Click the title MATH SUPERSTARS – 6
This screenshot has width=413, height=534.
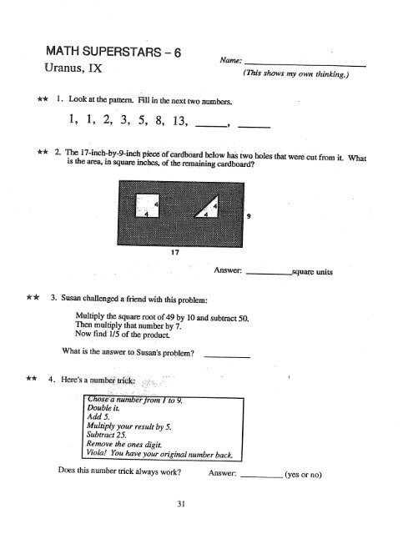[113, 52]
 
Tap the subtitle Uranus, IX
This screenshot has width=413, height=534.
[73, 68]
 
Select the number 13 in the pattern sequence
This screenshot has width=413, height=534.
[180, 120]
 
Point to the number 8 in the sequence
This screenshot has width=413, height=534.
[159, 120]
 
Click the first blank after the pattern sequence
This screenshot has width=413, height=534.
[211, 127]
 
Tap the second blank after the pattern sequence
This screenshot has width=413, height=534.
[254, 127]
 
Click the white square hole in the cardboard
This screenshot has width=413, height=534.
[147, 205]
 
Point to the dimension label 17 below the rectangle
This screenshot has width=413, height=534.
[175, 252]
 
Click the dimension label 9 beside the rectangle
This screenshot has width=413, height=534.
[249, 216]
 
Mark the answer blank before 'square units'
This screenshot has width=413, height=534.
[269, 274]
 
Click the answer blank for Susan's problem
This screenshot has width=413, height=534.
[227, 357]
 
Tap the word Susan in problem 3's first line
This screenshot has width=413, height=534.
[71, 298]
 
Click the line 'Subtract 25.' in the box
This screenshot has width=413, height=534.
[107, 435]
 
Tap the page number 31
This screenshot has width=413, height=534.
[181, 504]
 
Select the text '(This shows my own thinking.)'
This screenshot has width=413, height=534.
[296, 73]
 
